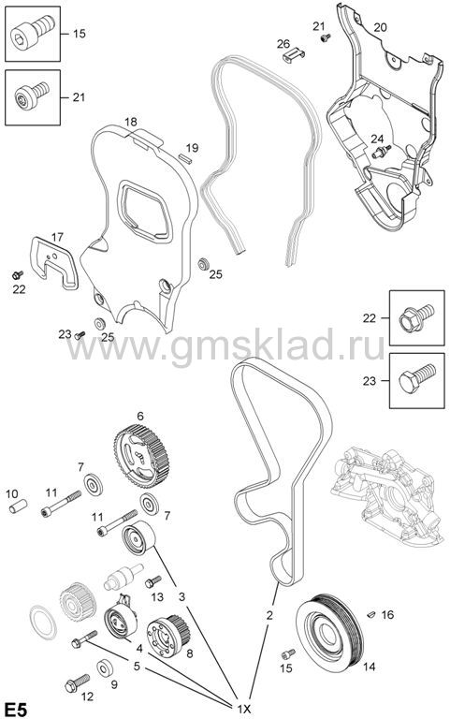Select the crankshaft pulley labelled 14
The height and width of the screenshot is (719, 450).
tap(328, 628)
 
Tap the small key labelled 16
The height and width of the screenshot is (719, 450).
tap(371, 614)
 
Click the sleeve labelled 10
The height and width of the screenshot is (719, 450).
tap(18, 507)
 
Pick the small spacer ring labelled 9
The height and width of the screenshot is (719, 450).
tap(105, 668)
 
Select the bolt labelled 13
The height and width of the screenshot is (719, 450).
tap(153, 581)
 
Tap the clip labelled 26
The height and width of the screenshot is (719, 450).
tap(293, 55)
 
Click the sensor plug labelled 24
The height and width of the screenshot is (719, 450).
tap(382, 152)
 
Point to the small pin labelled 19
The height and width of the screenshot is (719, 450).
tap(185, 157)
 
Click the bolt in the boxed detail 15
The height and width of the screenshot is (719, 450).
tap(33, 34)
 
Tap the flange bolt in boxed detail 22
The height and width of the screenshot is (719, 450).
tap(416, 317)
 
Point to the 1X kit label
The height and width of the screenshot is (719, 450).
tap(243, 710)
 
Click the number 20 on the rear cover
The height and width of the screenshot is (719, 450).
tap(380, 27)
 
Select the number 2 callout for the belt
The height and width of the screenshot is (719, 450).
tap(269, 615)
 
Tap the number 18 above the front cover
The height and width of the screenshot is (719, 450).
tap(131, 122)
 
